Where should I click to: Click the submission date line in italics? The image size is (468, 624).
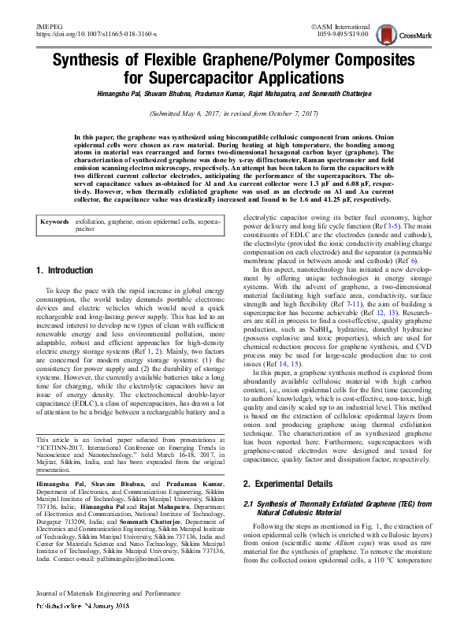[x=234, y=113]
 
